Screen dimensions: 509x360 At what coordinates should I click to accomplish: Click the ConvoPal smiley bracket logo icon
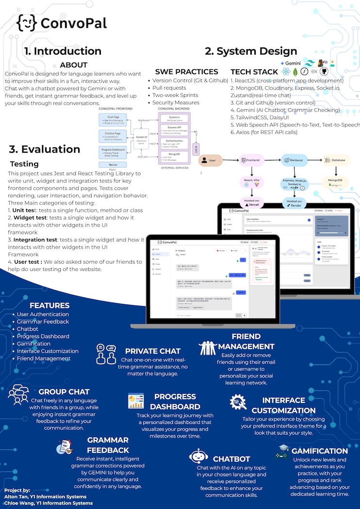(x=27, y=22)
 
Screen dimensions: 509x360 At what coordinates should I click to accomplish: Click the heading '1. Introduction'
(x=63, y=51)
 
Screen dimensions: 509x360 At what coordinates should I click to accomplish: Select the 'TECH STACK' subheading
(x=254, y=72)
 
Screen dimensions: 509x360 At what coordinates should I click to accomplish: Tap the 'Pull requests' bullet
(x=169, y=88)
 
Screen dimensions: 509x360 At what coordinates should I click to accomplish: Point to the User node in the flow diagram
(x=209, y=160)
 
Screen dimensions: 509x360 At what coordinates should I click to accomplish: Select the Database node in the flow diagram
(x=335, y=160)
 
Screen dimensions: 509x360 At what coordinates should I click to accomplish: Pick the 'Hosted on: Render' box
(x=295, y=203)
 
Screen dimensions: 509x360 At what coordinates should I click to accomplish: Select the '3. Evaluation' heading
(x=45, y=149)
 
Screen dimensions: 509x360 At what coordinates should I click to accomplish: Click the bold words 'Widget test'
(x=31, y=218)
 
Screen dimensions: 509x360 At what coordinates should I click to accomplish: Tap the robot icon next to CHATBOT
(x=198, y=458)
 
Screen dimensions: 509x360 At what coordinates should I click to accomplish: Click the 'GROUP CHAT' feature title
(x=64, y=392)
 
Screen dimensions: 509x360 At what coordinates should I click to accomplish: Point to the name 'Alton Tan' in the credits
(x=17, y=497)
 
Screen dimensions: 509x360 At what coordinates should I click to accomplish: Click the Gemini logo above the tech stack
(x=291, y=64)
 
